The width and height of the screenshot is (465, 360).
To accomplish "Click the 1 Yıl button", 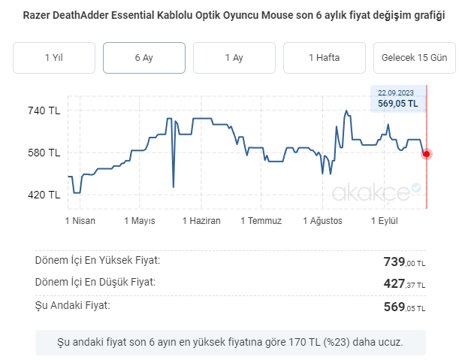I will [54, 58].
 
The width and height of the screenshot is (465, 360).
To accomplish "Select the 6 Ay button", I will [144, 58].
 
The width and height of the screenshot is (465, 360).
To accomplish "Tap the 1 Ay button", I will [234, 58].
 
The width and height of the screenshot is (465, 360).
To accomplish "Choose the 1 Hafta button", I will [325, 58].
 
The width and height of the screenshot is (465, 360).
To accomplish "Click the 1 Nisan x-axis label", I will [79, 221].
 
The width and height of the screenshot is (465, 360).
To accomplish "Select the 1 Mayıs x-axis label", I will [140, 221].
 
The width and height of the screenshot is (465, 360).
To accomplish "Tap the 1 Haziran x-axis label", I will [201, 221].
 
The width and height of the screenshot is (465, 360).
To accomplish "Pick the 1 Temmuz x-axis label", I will [261, 221].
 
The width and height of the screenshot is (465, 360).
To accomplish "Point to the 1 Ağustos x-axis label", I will [323, 221].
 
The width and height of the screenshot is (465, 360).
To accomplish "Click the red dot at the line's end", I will [427, 154].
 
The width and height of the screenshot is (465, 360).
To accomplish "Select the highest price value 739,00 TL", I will [404, 262].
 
